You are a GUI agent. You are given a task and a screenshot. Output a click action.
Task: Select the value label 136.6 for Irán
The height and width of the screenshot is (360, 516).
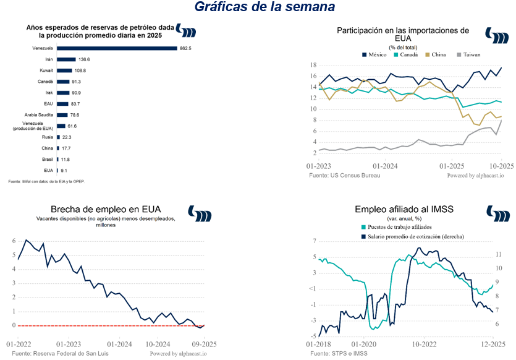[x=84, y=59]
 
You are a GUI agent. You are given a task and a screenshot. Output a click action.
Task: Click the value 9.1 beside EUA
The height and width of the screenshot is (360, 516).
[x=64, y=170]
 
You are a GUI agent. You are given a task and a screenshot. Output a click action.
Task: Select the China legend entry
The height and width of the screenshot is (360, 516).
[x=436, y=54]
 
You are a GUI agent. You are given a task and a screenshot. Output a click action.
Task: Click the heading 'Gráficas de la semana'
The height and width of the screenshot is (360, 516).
[x=264, y=7]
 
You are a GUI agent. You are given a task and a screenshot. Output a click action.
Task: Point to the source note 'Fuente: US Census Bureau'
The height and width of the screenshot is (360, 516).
[x=345, y=175]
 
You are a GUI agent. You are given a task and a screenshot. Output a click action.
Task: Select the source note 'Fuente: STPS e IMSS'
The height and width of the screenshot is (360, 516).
[x=339, y=353]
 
